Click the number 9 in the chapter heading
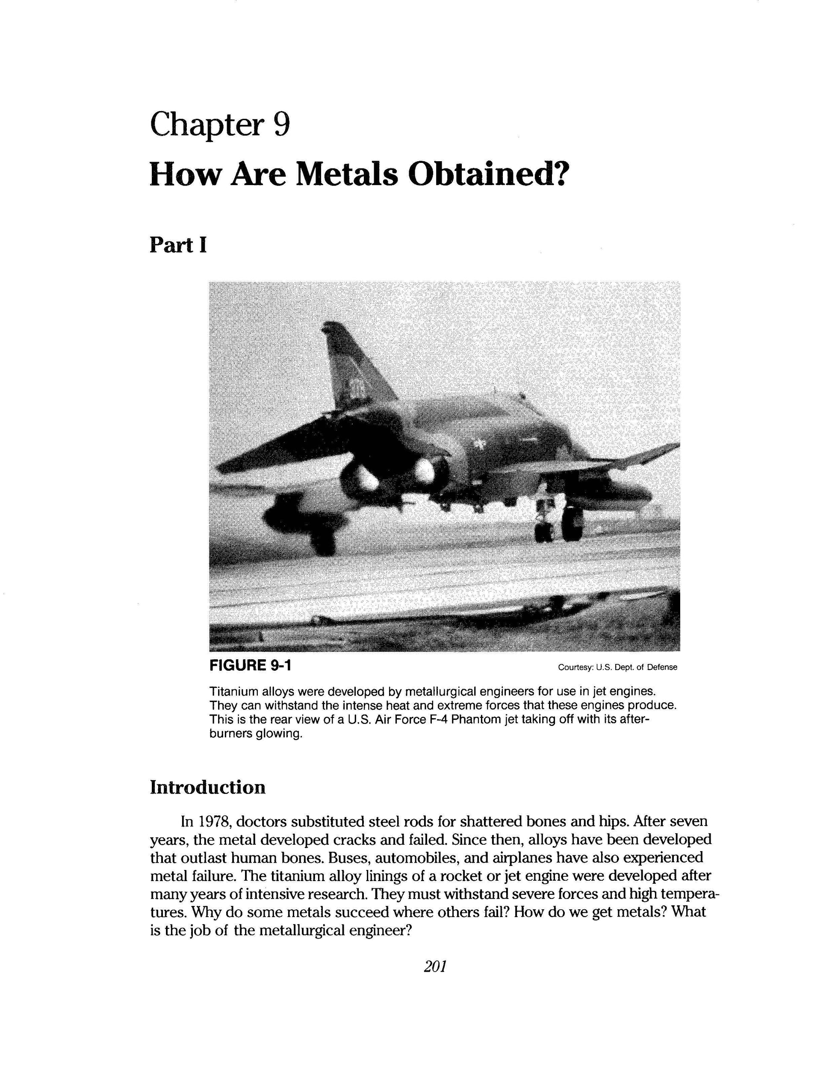[x=281, y=124]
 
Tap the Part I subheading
[x=178, y=245]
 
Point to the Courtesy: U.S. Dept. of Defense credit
[x=617, y=667]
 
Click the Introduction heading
[x=207, y=787]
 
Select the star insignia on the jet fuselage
[x=479, y=445]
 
